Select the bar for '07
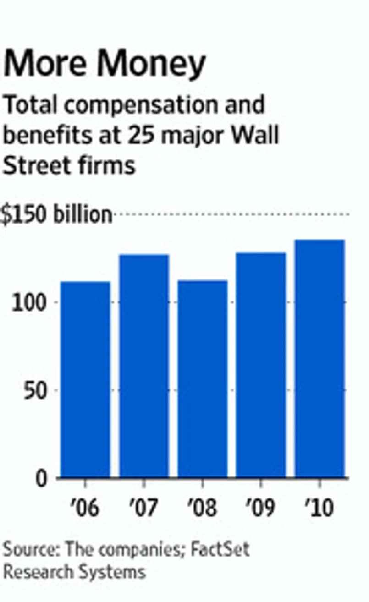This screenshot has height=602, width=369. (x=144, y=366)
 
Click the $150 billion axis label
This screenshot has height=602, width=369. (x=56, y=215)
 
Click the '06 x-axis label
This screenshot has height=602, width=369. (x=85, y=508)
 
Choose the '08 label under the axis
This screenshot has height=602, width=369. (x=202, y=508)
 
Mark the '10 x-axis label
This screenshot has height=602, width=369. (x=319, y=508)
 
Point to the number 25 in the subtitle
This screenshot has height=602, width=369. (x=150, y=136)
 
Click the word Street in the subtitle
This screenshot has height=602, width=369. (x=34, y=165)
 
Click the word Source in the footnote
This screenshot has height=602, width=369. (x=30, y=549)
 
